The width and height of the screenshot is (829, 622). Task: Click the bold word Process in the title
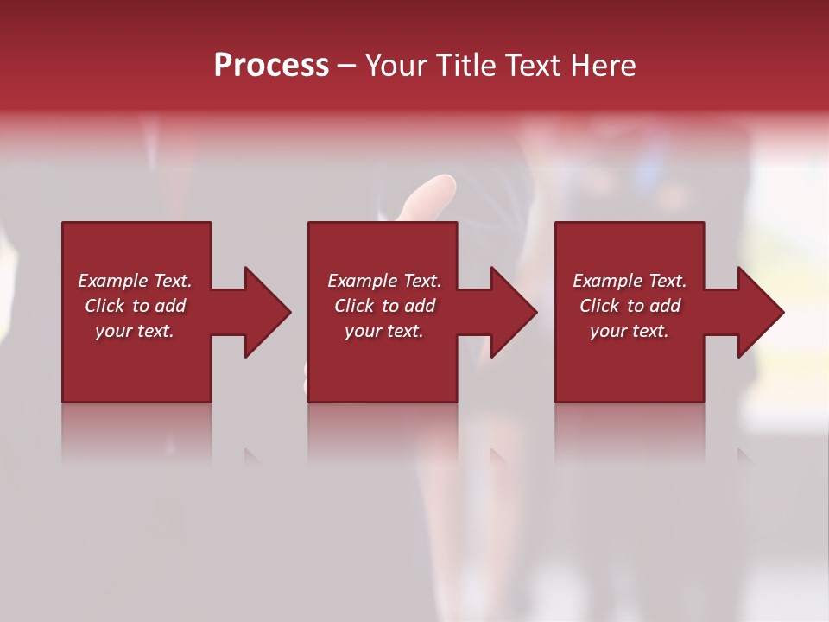click(x=271, y=66)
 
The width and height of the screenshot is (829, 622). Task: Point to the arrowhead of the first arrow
click(x=267, y=312)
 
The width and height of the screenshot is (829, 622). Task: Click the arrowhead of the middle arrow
click(x=513, y=312)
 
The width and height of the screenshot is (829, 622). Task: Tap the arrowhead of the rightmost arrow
click(x=760, y=312)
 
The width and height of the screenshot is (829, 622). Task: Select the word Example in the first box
click(x=113, y=281)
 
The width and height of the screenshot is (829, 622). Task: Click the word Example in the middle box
click(x=363, y=281)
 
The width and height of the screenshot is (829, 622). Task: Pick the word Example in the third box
click(x=608, y=281)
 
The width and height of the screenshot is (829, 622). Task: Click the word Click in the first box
click(x=105, y=306)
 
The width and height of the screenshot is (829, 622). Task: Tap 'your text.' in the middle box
click(x=383, y=331)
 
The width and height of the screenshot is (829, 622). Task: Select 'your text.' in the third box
click(x=629, y=331)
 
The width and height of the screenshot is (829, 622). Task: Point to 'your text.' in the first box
click(x=134, y=331)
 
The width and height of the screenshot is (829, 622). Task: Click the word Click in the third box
click(x=599, y=306)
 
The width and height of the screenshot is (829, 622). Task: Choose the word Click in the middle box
click(x=354, y=306)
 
